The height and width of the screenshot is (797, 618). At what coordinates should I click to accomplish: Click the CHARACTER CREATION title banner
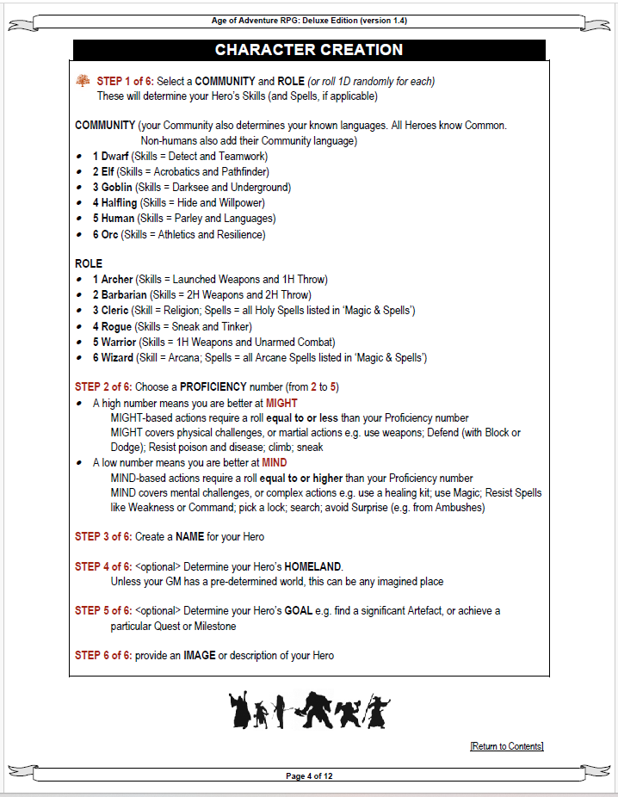[x=309, y=50]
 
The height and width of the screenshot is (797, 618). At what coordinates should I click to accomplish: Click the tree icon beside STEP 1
[x=83, y=81]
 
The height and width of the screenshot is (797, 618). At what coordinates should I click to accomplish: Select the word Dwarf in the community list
[x=114, y=157]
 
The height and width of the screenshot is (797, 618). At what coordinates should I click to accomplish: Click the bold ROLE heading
[x=89, y=263]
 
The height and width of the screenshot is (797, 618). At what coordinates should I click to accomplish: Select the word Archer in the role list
[x=117, y=280]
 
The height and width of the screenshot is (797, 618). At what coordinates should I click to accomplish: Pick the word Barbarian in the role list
[x=125, y=295]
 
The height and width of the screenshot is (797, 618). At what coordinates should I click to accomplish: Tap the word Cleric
[x=116, y=311]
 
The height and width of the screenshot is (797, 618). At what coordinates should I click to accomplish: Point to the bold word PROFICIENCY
[x=213, y=387]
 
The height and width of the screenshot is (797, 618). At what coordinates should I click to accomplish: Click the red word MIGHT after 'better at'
[x=281, y=403]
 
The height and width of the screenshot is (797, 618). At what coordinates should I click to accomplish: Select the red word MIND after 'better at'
[x=275, y=463]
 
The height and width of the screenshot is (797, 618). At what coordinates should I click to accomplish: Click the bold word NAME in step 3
[x=189, y=537]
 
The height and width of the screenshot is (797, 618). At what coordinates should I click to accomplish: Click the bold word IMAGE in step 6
[x=199, y=656]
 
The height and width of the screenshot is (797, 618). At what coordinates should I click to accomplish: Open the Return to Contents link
[x=507, y=746]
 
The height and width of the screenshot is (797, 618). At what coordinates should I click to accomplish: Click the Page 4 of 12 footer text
[x=309, y=776]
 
